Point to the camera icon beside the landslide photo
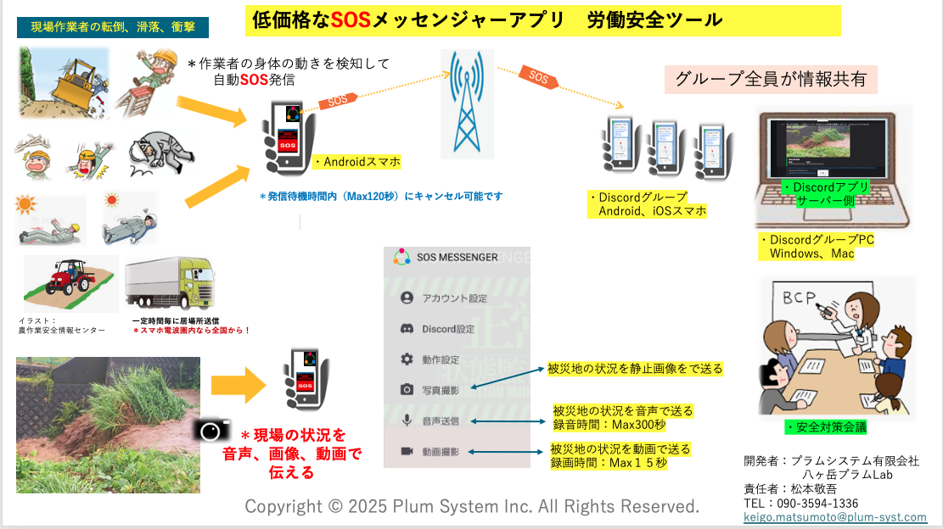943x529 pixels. pos(210,431)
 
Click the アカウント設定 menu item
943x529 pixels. pos(454,298)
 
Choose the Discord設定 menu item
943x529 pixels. pos(448,329)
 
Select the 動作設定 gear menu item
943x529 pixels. pos(441,359)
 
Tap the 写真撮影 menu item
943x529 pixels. pos(441,390)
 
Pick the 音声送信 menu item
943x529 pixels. pos(441,420)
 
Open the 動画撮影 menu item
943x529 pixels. pos(441,451)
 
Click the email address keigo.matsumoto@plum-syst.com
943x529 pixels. pos(835,516)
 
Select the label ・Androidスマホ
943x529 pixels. pos(356,162)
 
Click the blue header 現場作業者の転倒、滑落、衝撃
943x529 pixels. pos(113,27)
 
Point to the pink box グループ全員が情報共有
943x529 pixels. pos(770,80)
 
